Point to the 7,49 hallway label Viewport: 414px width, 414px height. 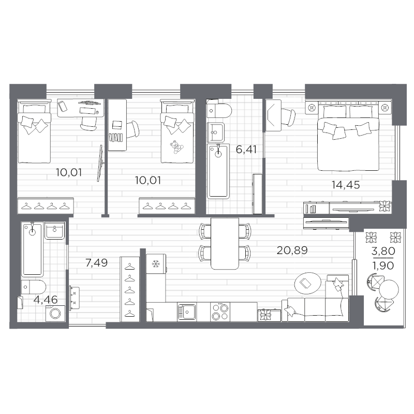point(96,263)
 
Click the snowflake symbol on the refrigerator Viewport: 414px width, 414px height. point(155,264)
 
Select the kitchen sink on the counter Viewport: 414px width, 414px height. point(186,312)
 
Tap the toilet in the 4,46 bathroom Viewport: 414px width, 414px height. point(35,287)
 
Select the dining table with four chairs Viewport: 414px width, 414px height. point(225,243)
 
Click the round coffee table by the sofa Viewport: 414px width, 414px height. point(305,283)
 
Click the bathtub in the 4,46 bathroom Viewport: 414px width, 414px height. point(32,249)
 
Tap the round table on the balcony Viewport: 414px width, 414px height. point(389,288)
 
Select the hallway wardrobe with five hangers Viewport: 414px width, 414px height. point(130,289)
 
